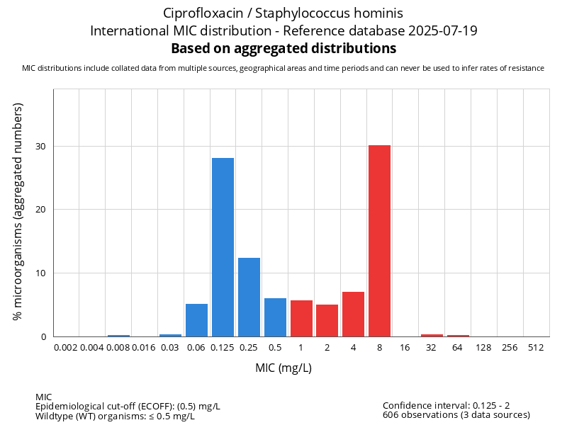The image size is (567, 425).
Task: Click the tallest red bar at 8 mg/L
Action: (379, 241)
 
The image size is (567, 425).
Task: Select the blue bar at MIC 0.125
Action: (223, 247)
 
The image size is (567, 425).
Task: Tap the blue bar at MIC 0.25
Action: (249, 297)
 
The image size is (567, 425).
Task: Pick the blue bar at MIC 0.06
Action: (196, 320)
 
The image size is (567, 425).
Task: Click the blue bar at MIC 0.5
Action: (275, 317)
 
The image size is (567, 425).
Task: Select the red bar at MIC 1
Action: (301, 319)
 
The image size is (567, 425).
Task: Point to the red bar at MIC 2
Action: (327, 320)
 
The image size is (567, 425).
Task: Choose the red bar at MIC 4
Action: (353, 314)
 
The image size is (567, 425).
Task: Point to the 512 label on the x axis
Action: (536, 348)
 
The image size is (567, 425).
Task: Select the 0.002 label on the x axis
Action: (65, 348)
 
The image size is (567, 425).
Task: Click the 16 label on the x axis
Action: (405, 348)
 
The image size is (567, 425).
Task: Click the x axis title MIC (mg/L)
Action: (283, 368)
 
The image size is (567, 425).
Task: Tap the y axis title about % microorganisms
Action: (18, 211)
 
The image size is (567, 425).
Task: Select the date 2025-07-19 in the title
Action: (447, 31)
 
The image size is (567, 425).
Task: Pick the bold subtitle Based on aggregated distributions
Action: (283, 49)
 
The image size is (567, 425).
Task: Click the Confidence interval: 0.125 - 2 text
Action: (447, 405)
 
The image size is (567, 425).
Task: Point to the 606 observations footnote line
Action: (456, 415)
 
